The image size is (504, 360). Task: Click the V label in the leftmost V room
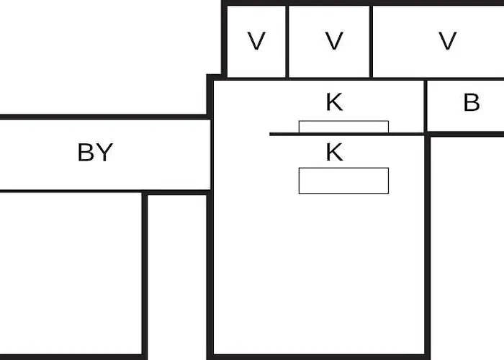256,41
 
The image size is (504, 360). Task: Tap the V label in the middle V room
334,41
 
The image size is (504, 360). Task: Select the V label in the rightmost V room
447,41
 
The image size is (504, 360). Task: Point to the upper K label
334,102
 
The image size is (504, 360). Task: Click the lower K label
334,152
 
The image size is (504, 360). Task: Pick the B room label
472,102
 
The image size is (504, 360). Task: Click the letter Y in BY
104,153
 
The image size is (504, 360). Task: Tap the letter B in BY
86,153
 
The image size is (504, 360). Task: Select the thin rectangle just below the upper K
343,127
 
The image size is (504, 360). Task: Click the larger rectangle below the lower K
343,181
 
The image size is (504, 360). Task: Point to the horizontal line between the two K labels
347,134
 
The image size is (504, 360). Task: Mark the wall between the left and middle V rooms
287,42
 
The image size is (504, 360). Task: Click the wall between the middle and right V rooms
371,42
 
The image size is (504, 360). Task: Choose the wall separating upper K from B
426,106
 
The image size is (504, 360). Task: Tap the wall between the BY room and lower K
212,155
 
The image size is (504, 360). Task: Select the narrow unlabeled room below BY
177,275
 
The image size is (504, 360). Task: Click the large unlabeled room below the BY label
71,273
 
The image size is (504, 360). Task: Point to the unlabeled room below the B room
467,248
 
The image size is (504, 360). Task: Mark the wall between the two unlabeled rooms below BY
145,275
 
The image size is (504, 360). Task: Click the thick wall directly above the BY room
104,117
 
